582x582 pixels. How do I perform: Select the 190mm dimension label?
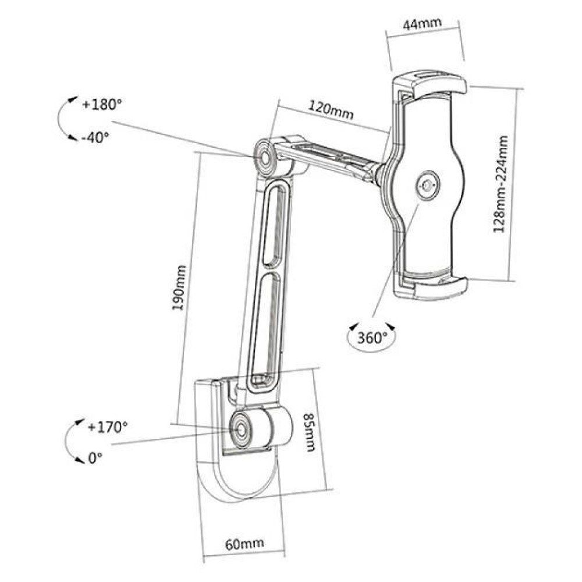[x=180, y=288]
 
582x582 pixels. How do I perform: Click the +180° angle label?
[x=102, y=105]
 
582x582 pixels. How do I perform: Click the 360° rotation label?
[x=372, y=338]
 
